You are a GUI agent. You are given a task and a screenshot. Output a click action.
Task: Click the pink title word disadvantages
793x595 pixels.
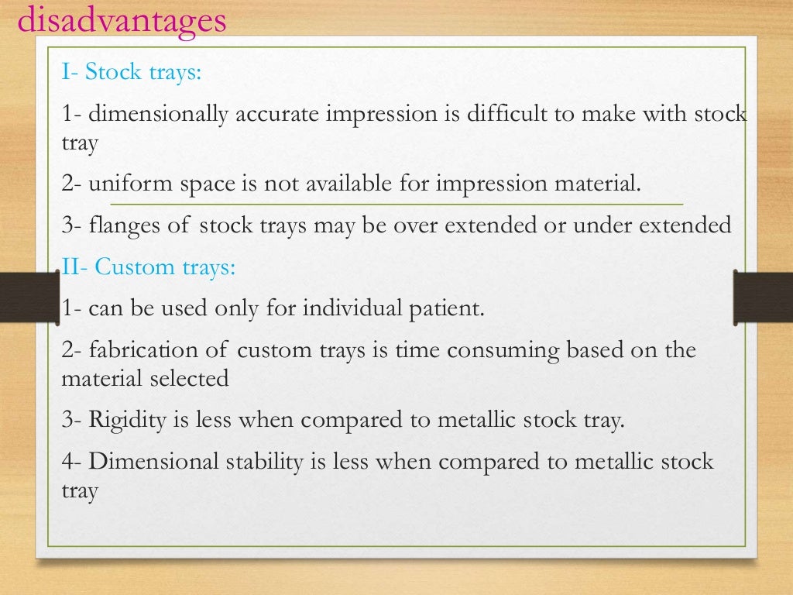click(122, 20)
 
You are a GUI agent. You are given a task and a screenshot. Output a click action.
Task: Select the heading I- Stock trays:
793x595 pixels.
click(132, 72)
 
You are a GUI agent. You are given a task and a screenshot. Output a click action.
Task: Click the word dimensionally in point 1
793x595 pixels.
click(158, 115)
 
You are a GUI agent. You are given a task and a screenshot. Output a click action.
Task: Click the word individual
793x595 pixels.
click(352, 308)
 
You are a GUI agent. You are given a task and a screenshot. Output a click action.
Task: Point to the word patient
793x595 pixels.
click(445, 308)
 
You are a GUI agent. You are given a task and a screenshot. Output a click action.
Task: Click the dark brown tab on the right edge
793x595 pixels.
click(763, 296)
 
